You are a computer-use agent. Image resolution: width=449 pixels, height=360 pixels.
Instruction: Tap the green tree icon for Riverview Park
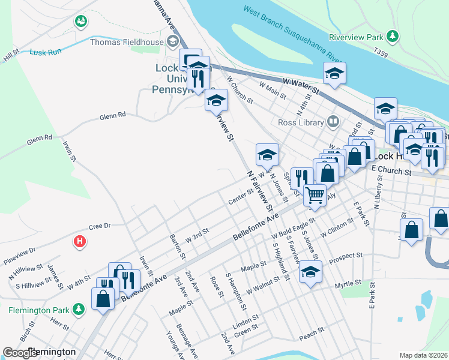[x=393, y=37]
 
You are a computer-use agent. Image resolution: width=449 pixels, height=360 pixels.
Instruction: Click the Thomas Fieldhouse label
[x=127, y=42]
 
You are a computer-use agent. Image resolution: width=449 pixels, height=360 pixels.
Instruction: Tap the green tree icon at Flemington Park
[x=78, y=309]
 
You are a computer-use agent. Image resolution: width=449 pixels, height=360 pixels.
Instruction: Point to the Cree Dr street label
[x=100, y=226]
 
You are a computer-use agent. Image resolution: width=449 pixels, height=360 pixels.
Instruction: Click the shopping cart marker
[x=315, y=195]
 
